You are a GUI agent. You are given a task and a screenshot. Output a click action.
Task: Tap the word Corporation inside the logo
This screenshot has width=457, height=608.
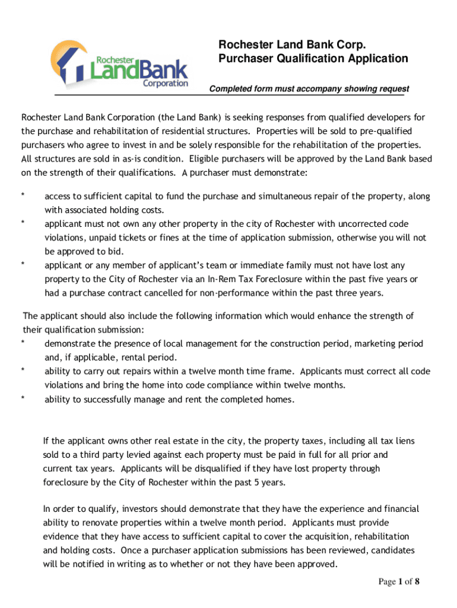click(166, 84)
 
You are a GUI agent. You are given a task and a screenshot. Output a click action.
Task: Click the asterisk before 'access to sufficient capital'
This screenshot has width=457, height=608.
click(23, 196)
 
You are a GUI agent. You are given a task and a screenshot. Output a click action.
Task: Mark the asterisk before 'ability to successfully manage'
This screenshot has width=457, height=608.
click(23, 400)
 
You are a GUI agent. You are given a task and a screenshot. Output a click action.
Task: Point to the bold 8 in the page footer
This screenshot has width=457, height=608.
click(417, 581)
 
